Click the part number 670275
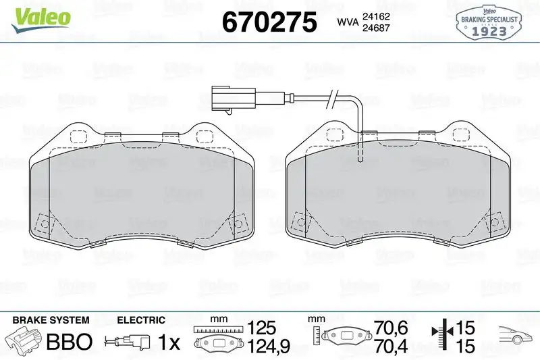click(269, 22)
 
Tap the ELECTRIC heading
click(141, 320)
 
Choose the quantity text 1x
click(169, 342)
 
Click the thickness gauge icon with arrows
click(442, 336)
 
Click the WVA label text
click(346, 22)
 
